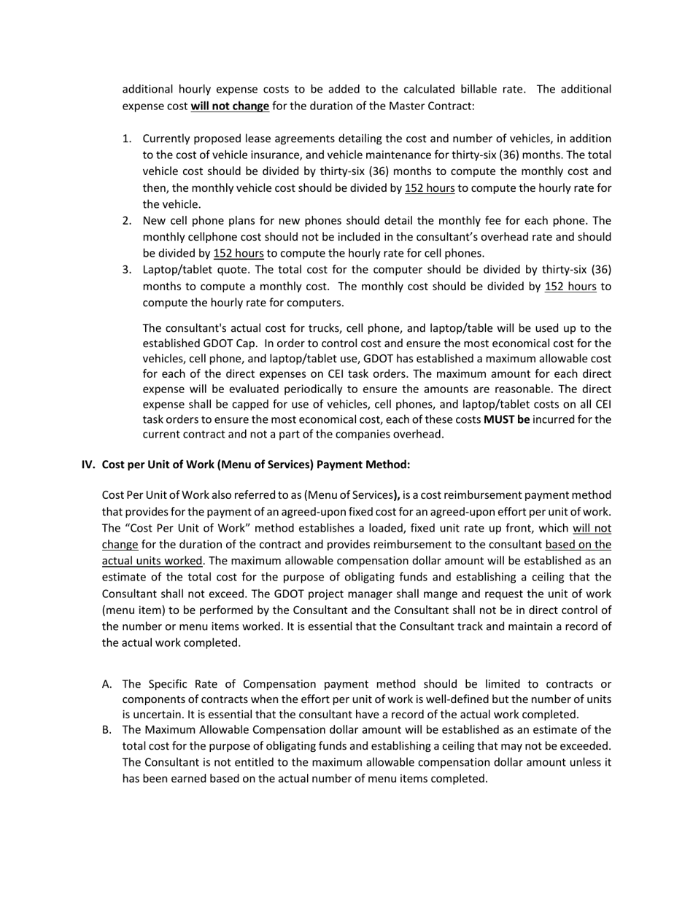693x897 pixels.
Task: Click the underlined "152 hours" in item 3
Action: (x=570, y=287)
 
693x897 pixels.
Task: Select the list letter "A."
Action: (x=107, y=684)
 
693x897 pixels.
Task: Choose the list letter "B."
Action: (x=107, y=730)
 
